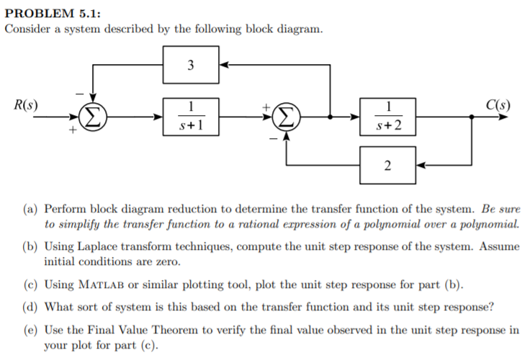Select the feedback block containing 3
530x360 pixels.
click(190, 65)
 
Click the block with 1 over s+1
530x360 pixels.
click(190, 115)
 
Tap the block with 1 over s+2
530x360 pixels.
click(387, 115)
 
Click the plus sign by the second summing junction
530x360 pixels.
click(268, 105)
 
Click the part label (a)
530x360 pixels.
click(33, 209)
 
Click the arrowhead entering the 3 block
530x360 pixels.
click(223, 65)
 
